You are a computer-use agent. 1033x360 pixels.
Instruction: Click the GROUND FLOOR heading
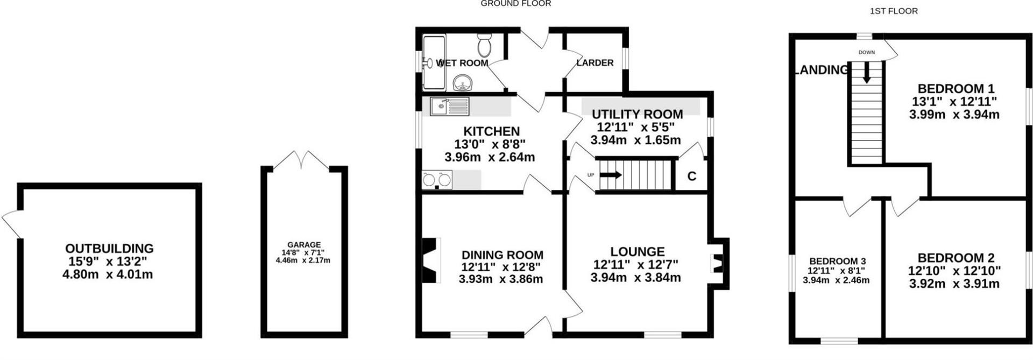tap(515, 4)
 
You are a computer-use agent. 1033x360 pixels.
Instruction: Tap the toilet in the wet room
tap(484, 45)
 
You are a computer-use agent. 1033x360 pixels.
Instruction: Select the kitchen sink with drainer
tap(450, 107)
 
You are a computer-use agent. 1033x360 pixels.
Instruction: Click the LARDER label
tap(595, 63)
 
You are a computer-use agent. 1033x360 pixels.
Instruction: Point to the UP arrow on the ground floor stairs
tap(611, 175)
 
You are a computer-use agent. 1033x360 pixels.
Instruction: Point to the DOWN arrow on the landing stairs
tap(866, 72)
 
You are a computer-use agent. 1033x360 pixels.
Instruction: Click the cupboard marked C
tap(692, 176)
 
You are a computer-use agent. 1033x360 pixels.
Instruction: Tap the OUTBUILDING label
tap(109, 249)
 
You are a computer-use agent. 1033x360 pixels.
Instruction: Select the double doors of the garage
tap(304, 160)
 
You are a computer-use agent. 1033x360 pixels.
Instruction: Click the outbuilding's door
tap(11, 223)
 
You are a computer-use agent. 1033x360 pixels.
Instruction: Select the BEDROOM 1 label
tap(956, 88)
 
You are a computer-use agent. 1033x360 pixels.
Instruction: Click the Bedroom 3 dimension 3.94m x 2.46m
tap(836, 280)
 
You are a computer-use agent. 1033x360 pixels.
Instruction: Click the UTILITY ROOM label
tap(638, 114)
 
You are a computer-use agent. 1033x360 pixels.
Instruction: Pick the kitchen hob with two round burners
tap(437, 180)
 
